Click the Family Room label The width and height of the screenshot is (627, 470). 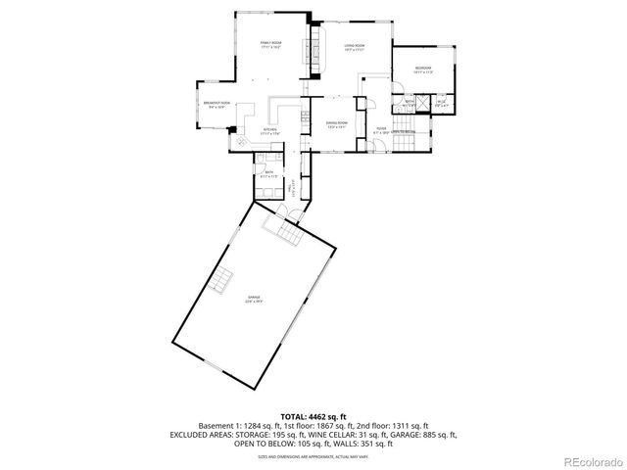tap(269, 45)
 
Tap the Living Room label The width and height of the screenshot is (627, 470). tap(354, 48)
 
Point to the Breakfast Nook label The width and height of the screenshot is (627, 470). tap(217, 105)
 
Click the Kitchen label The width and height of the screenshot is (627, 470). tap(268, 130)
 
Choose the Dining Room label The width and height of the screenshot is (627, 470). tap(337, 124)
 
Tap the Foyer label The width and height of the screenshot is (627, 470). tap(380, 128)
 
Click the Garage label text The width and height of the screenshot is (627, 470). tap(253, 299)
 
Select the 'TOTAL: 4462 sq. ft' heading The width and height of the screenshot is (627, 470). tap(314, 416)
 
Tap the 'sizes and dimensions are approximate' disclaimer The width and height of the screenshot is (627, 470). tap(314, 454)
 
